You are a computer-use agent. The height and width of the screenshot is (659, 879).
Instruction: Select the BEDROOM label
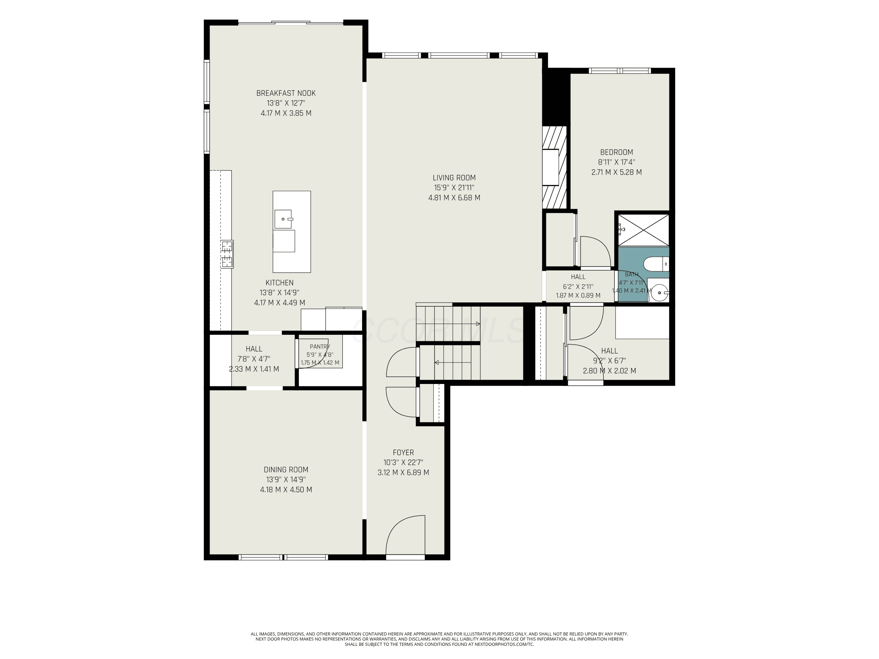[x=616, y=152]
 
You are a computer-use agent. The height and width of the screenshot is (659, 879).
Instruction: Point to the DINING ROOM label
[x=286, y=470]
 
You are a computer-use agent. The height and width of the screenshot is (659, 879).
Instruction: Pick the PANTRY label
[x=320, y=347]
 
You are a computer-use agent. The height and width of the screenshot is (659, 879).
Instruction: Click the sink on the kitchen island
[x=283, y=219]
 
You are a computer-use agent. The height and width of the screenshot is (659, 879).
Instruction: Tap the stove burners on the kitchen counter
[x=227, y=255]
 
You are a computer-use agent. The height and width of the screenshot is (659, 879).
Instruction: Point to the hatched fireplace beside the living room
[x=554, y=167]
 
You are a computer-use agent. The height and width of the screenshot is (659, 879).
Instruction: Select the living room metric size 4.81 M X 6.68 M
[x=454, y=198]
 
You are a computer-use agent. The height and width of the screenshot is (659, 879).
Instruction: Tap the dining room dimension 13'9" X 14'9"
[x=286, y=479]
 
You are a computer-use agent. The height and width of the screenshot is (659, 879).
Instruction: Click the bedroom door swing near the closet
[x=596, y=251]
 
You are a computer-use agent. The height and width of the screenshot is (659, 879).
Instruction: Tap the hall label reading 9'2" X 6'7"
[x=609, y=361]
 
